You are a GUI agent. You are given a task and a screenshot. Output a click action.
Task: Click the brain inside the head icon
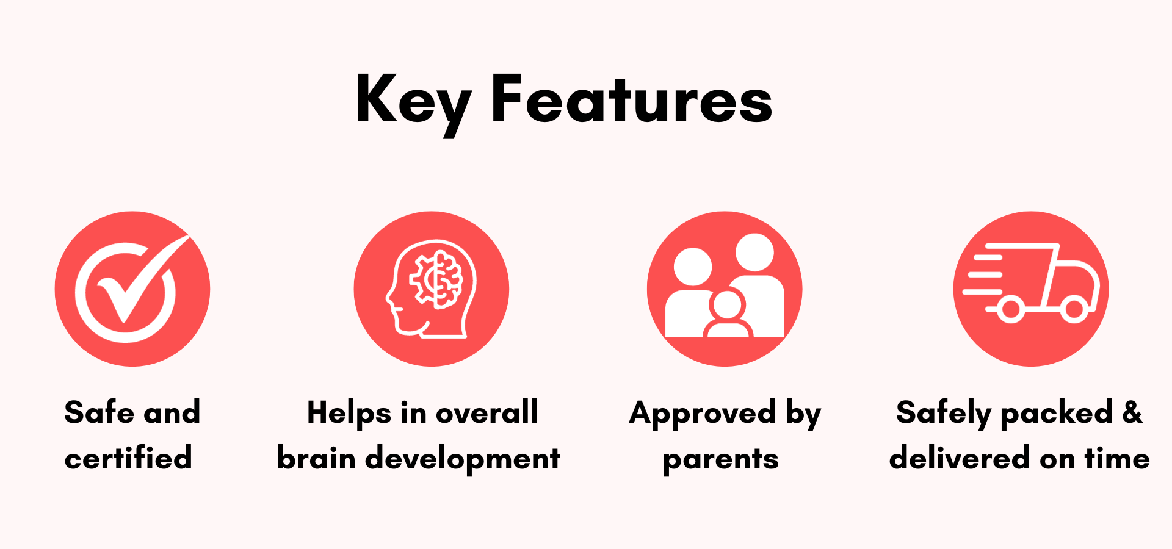[x=436, y=279]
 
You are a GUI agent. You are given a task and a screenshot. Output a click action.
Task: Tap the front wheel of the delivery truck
[x=1074, y=309]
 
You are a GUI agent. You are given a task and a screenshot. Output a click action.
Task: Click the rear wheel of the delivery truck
[x=1011, y=309]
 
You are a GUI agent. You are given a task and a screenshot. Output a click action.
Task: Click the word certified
[x=128, y=457]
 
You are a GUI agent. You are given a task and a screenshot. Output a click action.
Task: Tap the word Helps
[x=349, y=414]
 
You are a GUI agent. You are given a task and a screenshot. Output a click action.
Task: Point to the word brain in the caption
[x=316, y=457]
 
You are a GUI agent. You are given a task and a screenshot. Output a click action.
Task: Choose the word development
[x=462, y=459]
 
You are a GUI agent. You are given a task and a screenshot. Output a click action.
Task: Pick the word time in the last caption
[x=1117, y=457]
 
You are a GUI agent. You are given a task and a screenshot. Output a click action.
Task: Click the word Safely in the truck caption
[x=944, y=414]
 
